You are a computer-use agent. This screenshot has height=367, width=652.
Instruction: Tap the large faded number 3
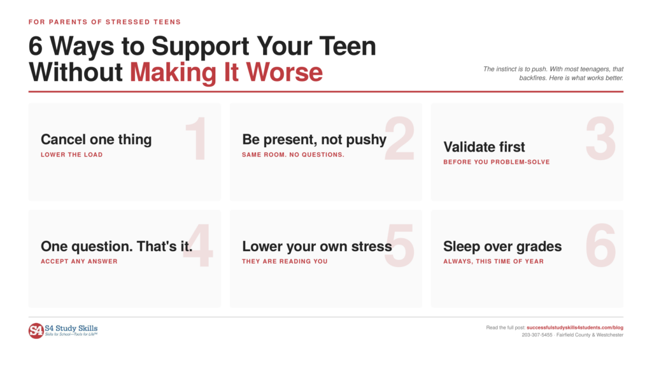[600, 138]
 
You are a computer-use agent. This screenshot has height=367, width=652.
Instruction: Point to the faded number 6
[600, 245]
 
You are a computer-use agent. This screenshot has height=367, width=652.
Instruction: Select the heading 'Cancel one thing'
[96, 140]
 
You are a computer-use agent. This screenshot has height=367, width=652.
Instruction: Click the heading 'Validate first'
[484, 147]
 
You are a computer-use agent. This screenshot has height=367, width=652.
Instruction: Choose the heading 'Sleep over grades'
[502, 247]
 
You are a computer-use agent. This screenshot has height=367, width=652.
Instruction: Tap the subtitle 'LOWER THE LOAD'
[71, 155]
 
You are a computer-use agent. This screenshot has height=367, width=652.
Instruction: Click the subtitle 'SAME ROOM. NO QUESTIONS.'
[293, 155]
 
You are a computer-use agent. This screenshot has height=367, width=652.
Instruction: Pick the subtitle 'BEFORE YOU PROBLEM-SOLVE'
[497, 162]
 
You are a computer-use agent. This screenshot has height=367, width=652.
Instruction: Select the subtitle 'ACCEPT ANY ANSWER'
[79, 261]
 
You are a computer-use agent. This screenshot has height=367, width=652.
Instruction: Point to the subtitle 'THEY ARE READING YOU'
[285, 261]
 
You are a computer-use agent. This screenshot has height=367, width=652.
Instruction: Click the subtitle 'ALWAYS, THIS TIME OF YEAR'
[493, 261]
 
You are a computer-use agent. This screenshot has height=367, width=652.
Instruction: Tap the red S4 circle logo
[36, 331]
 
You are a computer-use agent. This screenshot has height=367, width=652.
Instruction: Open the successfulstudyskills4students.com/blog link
[575, 327]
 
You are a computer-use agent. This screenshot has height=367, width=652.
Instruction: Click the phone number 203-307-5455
[537, 335]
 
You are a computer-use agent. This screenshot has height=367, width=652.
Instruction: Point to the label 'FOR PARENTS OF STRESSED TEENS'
[105, 22]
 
